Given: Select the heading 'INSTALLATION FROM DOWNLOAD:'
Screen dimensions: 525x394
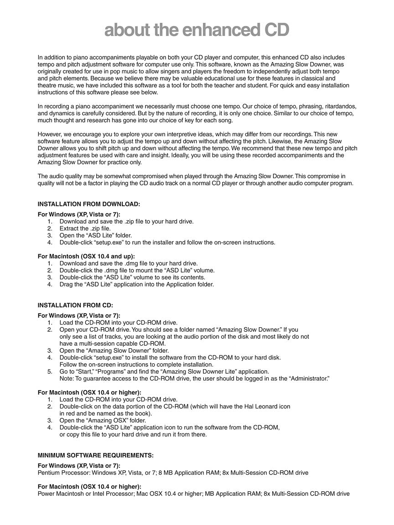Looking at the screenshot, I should (x=89, y=204).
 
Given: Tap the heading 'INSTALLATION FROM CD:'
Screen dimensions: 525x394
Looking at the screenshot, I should (x=75, y=305).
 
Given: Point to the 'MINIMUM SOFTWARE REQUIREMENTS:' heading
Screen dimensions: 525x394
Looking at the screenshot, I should (x=96, y=455).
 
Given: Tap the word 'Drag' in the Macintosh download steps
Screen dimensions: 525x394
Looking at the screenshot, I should (x=66, y=284).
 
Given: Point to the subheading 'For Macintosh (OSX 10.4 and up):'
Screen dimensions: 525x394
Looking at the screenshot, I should (x=86, y=256).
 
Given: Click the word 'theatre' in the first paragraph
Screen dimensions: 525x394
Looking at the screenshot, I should (x=47, y=85).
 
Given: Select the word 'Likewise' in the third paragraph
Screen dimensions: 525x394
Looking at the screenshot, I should (x=284, y=141).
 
